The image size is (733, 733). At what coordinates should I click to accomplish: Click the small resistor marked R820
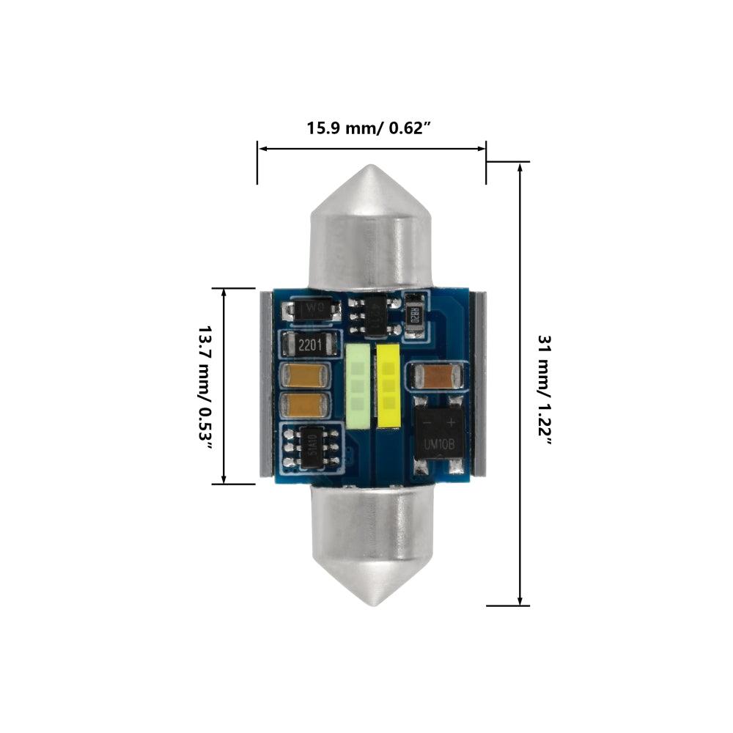click(414, 316)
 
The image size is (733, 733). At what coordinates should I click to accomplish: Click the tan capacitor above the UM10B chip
click(438, 377)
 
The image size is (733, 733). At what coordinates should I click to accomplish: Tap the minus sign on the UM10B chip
click(427, 421)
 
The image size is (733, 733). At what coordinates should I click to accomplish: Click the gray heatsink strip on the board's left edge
click(267, 386)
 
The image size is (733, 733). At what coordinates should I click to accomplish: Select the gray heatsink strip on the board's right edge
click(480, 386)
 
